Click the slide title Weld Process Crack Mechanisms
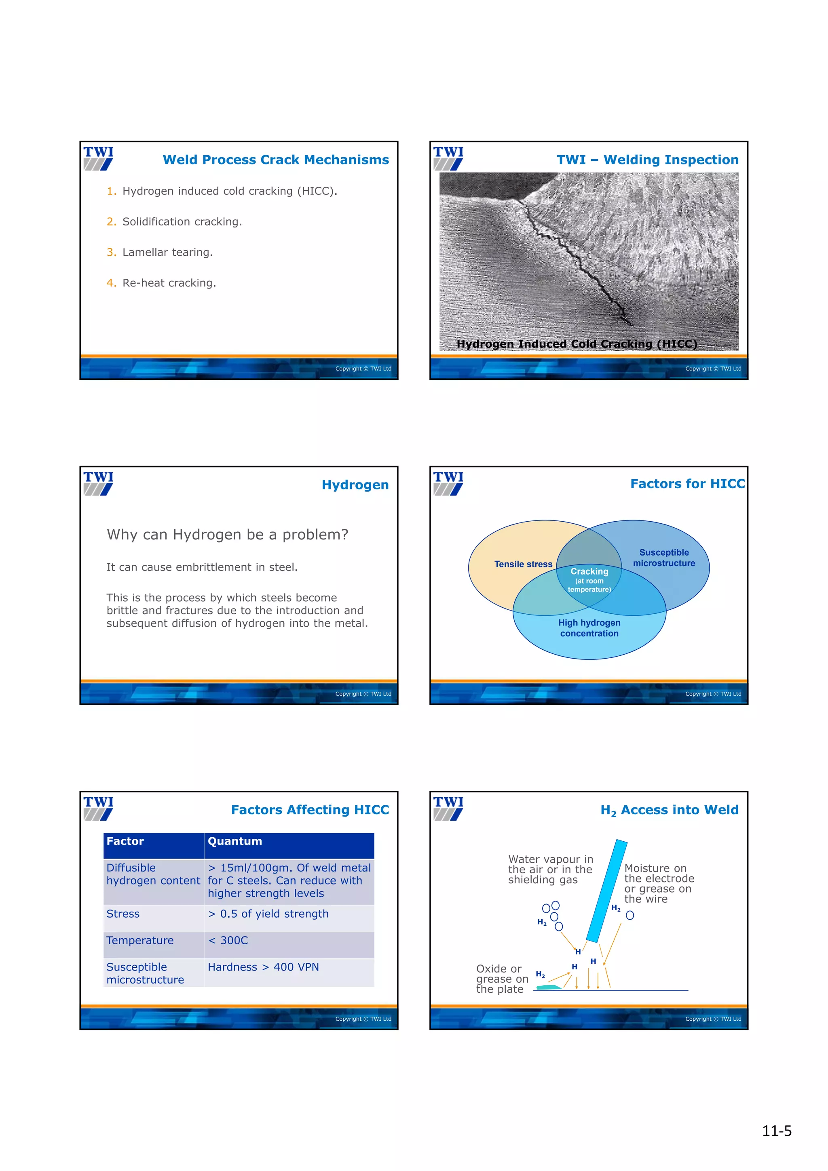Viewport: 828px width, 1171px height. coord(275,160)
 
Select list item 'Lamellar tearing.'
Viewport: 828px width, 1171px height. coord(167,252)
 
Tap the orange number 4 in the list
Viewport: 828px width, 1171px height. coord(111,282)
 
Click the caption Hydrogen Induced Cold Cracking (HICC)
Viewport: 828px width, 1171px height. coord(577,344)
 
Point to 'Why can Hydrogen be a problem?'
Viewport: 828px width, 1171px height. coord(227,535)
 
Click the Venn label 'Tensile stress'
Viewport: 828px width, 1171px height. coord(523,564)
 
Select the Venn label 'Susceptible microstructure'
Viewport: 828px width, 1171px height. coord(664,558)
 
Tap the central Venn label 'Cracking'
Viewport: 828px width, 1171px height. coord(589,571)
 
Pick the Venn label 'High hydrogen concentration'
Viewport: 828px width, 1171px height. coord(589,628)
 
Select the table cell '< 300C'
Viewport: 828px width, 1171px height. coord(228,940)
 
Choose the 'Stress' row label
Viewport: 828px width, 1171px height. coord(123,914)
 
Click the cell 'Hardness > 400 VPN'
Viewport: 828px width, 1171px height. coord(263,967)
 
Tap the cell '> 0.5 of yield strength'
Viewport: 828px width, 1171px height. coord(268,914)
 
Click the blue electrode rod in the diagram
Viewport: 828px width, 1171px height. coord(606,890)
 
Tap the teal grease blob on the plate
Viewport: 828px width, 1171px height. coord(549,988)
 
